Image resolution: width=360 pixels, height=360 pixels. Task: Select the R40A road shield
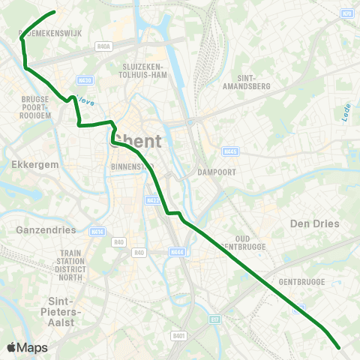tap(103, 46)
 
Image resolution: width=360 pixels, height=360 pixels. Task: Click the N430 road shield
tap(85, 79)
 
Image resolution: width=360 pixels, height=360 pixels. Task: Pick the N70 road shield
tap(346, 13)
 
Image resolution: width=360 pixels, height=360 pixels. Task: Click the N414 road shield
tap(96, 232)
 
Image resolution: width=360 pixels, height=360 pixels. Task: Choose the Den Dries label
tap(314, 223)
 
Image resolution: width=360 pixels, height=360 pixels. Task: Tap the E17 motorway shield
tap(216, 320)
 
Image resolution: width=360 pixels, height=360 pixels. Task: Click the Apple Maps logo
tap(28, 347)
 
